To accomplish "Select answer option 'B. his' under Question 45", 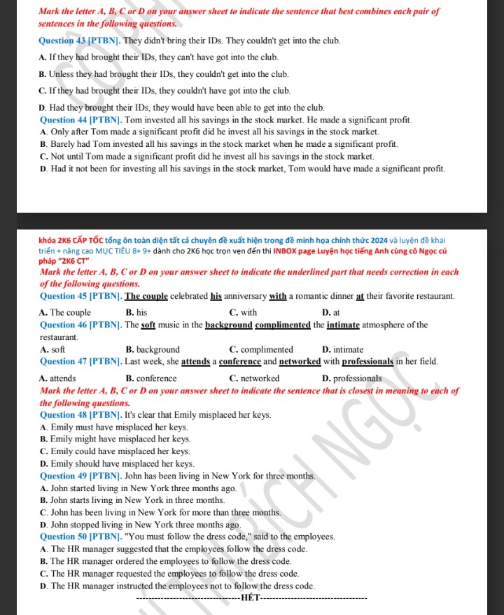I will point(136,313).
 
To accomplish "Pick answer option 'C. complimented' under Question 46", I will point(261,349).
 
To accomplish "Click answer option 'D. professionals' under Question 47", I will point(352,379).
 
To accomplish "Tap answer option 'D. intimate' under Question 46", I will point(343,349).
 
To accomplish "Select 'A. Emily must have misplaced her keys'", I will point(115,427).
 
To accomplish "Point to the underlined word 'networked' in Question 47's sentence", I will point(300,362).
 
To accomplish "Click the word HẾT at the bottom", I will point(250,598).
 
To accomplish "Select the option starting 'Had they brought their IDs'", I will point(182,108).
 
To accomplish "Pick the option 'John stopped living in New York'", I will point(141,525).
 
